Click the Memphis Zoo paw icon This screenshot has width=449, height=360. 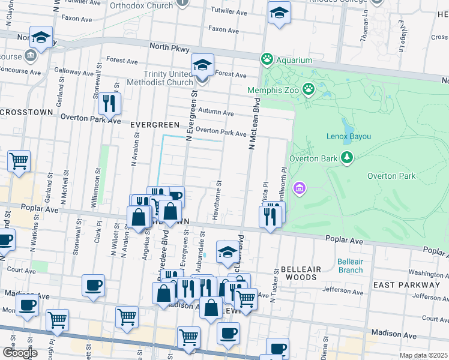[309, 89]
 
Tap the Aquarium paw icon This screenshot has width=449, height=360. [267, 59]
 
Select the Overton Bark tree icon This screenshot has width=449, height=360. [346, 158]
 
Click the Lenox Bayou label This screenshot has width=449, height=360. [348, 137]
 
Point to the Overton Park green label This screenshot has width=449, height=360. [391, 176]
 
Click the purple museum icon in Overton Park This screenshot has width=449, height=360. [300, 189]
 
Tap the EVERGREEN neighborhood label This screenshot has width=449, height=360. [155, 125]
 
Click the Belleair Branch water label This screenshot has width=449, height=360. [350, 266]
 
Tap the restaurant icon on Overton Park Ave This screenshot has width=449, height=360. [109, 103]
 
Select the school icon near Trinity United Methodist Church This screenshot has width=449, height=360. [202, 66]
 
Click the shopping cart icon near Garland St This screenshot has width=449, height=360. [19, 161]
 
